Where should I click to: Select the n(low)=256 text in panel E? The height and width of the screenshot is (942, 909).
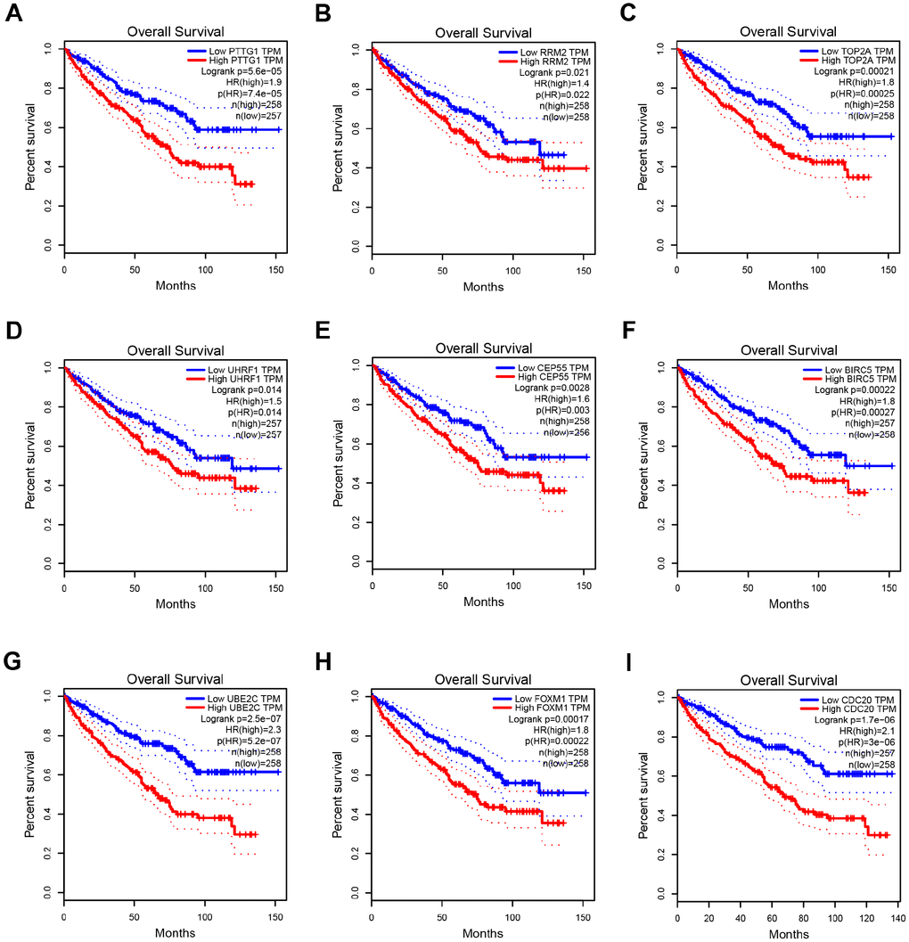tap(561, 433)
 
